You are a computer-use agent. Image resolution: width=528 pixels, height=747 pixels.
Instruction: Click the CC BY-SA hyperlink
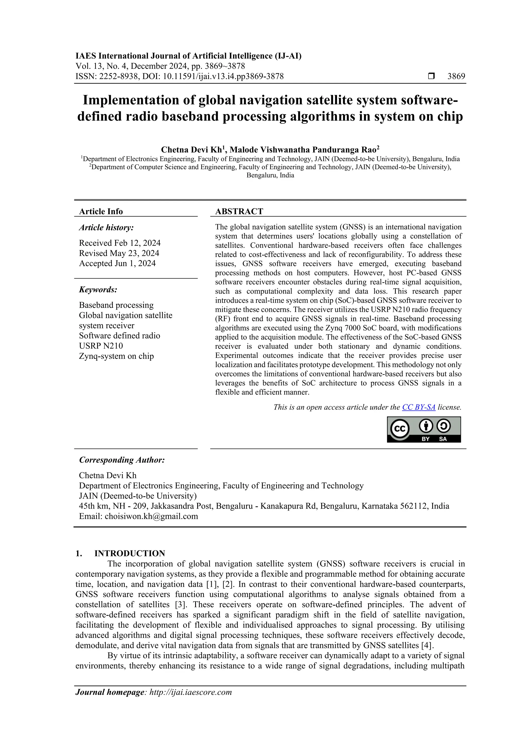(418, 407)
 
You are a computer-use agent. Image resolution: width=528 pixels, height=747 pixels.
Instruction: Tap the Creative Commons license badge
(424, 430)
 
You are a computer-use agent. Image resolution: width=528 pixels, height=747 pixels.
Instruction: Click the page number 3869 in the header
(456, 77)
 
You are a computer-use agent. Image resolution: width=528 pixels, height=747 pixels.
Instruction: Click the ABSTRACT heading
(239, 211)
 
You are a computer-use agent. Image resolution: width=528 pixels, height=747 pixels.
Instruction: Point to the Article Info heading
(101, 211)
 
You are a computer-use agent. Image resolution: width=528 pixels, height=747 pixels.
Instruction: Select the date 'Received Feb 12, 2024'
(120, 243)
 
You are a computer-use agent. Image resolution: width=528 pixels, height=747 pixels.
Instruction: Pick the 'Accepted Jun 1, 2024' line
(117, 263)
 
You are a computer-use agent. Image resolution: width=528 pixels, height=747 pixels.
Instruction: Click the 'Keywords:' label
(98, 290)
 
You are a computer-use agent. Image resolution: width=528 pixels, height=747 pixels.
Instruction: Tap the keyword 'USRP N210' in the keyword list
(101, 346)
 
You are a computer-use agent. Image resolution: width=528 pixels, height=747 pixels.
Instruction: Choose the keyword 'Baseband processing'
(116, 305)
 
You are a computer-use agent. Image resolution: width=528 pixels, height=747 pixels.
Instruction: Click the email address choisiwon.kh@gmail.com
(151, 516)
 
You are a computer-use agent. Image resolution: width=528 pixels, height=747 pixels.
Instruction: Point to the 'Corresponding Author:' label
(122, 460)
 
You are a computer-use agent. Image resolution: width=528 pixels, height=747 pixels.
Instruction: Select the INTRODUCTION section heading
(129, 553)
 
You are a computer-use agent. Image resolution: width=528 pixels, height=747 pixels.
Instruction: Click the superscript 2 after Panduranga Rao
(378, 148)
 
